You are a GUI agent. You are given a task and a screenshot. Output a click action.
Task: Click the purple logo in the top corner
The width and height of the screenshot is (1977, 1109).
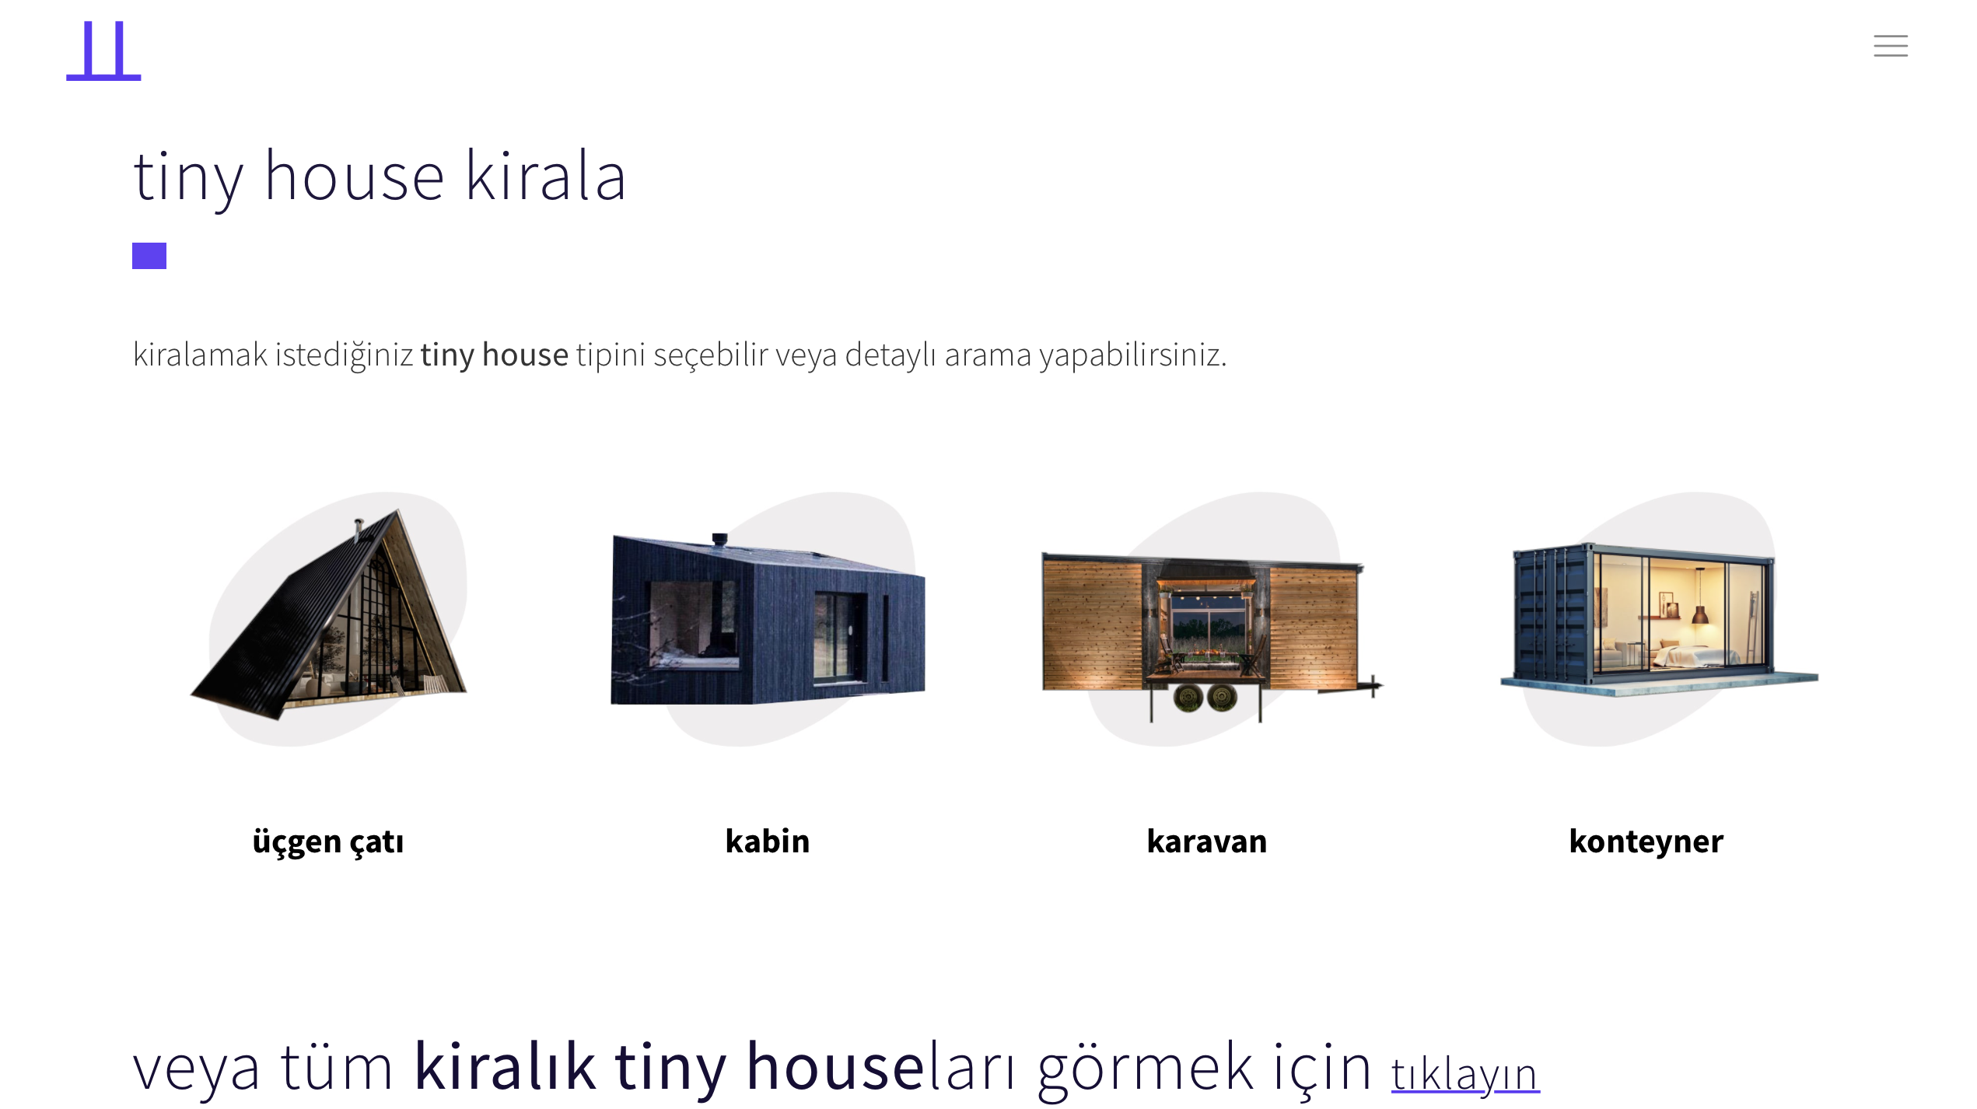click(103, 51)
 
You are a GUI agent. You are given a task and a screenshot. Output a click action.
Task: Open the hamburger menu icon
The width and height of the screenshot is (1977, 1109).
click(1890, 46)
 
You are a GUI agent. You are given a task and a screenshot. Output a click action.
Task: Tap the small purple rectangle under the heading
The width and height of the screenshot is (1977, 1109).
click(149, 256)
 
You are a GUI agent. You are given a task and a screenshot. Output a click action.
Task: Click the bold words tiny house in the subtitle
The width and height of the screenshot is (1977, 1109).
click(494, 355)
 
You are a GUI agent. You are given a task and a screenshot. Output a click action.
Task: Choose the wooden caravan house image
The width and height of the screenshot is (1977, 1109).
click(1207, 622)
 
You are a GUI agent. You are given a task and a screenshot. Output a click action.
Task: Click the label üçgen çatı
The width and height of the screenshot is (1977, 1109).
click(328, 842)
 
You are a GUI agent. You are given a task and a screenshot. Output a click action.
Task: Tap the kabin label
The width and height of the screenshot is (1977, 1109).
click(768, 841)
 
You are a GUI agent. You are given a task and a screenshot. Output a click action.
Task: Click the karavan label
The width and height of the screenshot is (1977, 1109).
click(1206, 841)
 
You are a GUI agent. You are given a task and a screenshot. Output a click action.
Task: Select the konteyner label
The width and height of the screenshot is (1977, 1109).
click(1646, 841)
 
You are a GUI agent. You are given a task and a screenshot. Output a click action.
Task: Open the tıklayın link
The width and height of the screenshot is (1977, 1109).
click(1464, 1075)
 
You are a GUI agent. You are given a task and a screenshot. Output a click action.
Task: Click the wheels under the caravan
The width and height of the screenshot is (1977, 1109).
click(1205, 698)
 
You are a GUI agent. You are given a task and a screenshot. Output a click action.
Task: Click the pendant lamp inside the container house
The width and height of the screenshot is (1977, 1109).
click(1700, 614)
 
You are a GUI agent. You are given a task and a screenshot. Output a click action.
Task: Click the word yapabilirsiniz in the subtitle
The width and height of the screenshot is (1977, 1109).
click(1132, 355)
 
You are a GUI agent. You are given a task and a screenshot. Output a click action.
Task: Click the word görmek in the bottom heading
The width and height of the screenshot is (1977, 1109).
click(1145, 1068)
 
